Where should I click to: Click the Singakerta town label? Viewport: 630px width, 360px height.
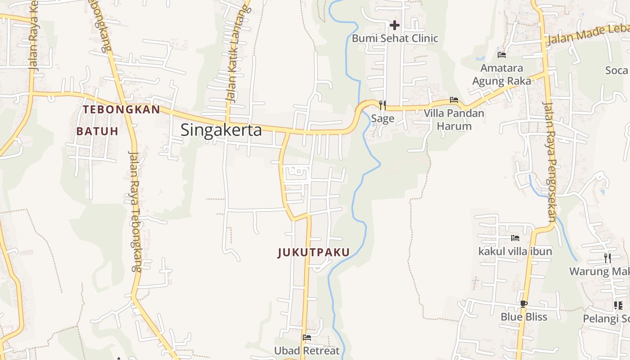point(221,130)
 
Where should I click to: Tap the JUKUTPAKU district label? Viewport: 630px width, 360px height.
point(314,252)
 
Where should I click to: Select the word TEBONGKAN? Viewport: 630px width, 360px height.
point(121,109)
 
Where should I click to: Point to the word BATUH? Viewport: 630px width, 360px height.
point(97,131)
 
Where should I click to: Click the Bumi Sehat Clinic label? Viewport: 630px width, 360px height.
point(395,38)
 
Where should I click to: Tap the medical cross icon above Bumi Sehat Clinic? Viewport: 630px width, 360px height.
point(395,25)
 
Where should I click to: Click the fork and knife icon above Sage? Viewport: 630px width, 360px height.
point(382,105)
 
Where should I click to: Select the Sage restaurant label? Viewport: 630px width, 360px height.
point(382,119)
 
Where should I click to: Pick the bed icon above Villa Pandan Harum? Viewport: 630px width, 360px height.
point(454,100)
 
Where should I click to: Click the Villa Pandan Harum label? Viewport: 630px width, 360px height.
point(454,119)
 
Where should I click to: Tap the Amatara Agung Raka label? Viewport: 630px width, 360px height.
point(502,74)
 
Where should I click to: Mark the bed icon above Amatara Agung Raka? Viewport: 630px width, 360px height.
point(502,55)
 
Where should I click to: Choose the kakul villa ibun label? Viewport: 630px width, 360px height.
point(515,251)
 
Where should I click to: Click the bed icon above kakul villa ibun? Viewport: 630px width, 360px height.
point(515,238)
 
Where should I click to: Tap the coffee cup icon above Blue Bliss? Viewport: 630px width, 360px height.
point(523,304)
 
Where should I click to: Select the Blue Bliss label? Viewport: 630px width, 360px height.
point(524,317)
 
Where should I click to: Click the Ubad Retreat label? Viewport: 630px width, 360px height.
point(307,351)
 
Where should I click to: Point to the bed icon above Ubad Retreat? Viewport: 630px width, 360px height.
point(307,337)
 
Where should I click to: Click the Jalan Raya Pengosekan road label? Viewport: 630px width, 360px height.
point(550,162)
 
